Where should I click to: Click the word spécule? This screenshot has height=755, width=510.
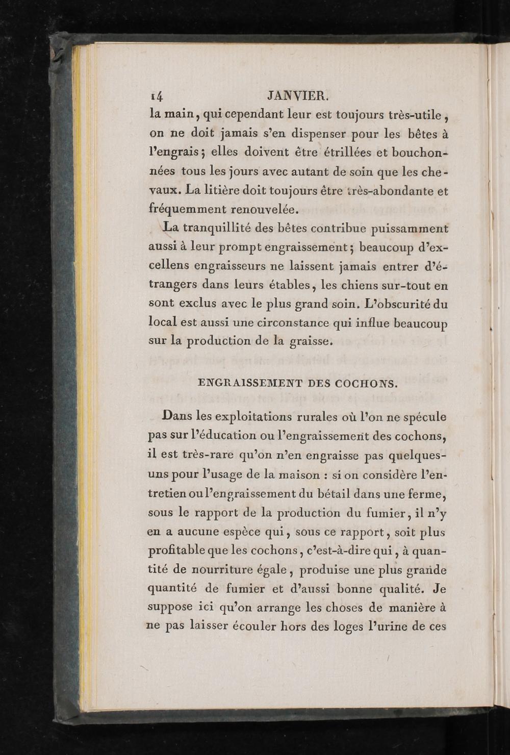pos(424,417)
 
